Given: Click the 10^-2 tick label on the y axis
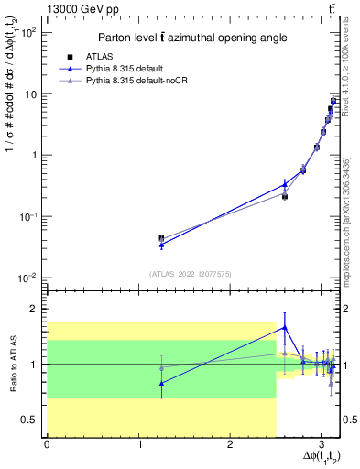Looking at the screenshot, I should pos(29,278).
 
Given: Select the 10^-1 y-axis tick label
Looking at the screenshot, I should pos(29,216).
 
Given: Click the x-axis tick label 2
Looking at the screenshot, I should pos(230,444).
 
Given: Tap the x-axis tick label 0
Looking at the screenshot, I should pos(47,444).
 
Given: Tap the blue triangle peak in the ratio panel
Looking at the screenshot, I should pos(285,327).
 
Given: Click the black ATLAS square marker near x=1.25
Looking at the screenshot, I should pos(161,238).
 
